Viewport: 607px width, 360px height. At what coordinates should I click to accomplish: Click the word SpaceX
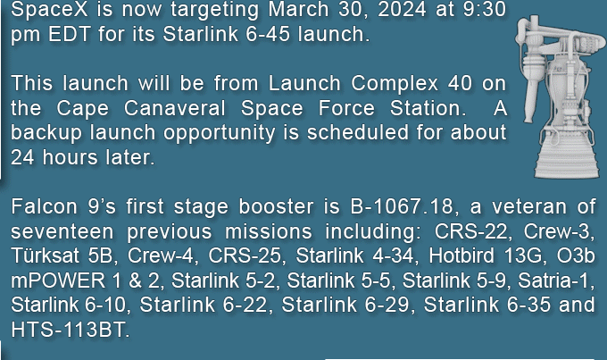[x=50, y=9]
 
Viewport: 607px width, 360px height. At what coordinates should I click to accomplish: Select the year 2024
[x=402, y=9]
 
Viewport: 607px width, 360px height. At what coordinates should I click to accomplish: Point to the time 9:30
[x=485, y=9]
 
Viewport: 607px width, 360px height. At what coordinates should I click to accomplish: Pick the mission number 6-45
[x=268, y=34]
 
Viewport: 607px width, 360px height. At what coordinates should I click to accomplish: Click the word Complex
[x=394, y=83]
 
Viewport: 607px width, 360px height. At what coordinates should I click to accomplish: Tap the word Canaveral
[x=175, y=108]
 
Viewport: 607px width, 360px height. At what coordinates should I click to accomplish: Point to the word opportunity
[x=219, y=133]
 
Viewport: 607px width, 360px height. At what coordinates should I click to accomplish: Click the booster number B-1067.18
[x=402, y=206]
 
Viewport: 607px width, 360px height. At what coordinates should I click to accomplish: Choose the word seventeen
[x=62, y=231]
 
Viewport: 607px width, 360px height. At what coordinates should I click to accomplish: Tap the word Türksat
[x=45, y=255]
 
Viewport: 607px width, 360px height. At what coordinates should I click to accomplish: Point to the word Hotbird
[x=461, y=255]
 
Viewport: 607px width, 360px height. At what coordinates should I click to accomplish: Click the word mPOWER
[x=58, y=280]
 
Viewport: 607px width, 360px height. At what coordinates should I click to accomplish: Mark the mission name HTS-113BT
[x=70, y=330]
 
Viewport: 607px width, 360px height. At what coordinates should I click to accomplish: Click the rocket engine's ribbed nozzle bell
[x=566, y=158]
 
